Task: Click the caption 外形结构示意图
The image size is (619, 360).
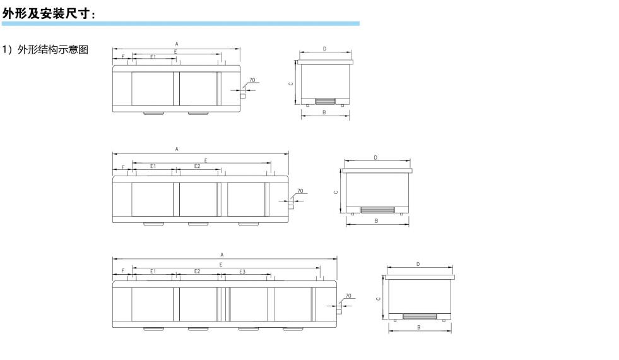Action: (53, 49)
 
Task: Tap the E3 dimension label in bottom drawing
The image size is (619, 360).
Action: (242, 272)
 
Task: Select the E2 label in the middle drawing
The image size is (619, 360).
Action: (197, 166)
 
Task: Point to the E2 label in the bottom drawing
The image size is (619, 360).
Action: (197, 271)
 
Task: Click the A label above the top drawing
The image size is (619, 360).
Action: (177, 44)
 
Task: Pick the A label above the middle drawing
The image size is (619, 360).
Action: (177, 149)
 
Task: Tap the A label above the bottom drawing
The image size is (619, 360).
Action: (222, 255)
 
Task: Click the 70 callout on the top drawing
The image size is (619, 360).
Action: (252, 80)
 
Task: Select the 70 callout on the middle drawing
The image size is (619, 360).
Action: (300, 191)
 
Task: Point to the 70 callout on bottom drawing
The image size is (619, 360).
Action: (348, 296)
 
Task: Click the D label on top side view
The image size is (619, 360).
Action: (324, 49)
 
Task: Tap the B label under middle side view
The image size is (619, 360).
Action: (376, 221)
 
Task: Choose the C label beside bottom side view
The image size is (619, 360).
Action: (378, 299)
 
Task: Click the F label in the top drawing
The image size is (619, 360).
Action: (123, 57)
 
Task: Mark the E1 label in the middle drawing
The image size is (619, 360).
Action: (153, 166)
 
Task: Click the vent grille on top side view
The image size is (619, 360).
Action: (325, 101)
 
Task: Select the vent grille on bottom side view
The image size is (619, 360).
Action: (420, 316)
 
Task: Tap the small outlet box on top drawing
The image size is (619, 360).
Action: (243, 95)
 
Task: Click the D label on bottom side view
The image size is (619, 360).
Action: (418, 265)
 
